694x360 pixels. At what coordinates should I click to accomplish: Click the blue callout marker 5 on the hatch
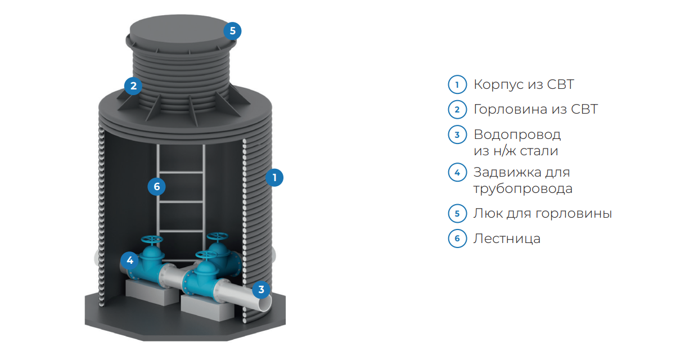click(232, 31)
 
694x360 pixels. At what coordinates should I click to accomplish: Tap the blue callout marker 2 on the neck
click(133, 86)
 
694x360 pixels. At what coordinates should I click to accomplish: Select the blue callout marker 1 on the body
click(274, 178)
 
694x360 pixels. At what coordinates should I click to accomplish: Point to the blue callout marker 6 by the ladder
click(156, 187)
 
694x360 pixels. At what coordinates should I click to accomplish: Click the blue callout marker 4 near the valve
click(129, 260)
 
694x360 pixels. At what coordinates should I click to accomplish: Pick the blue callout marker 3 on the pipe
click(261, 289)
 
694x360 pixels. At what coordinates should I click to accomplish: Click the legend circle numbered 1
click(457, 84)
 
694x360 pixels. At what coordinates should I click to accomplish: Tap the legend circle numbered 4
click(457, 172)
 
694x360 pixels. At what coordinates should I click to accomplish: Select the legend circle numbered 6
click(457, 238)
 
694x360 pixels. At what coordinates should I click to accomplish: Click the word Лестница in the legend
click(507, 239)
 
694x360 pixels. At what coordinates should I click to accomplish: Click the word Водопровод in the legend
click(517, 135)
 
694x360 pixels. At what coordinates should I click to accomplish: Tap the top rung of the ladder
click(181, 172)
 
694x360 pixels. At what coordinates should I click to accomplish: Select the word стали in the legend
click(539, 151)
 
